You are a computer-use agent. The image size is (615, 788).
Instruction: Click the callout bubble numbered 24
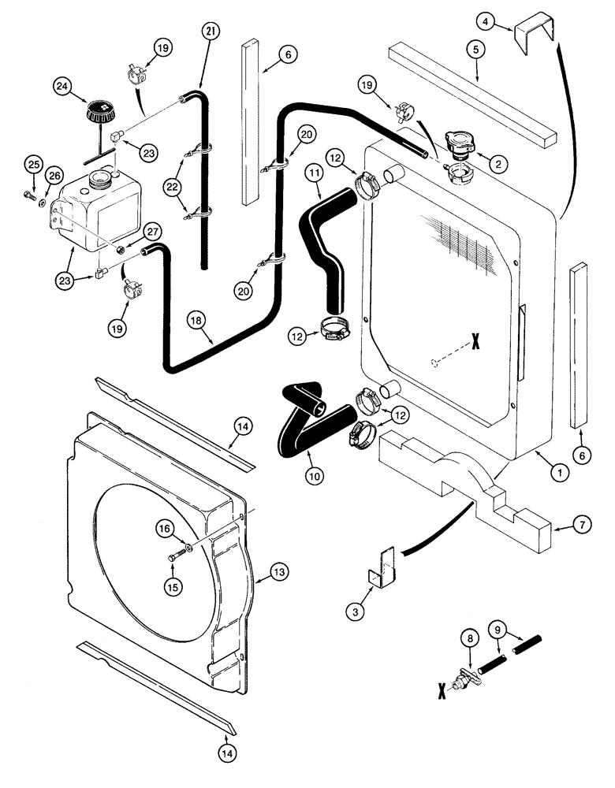click(x=63, y=85)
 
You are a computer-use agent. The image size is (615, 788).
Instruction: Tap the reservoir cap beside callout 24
click(x=100, y=111)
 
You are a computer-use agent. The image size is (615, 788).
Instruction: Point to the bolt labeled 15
click(x=173, y=558)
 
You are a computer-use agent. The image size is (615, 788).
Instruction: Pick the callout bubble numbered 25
click(x=32, y=164)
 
